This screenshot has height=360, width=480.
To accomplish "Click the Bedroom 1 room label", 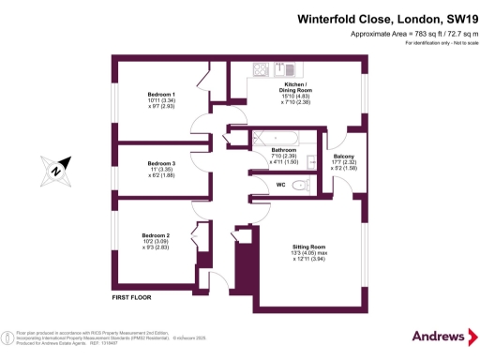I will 161,95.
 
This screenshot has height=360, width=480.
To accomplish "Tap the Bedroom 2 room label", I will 156,234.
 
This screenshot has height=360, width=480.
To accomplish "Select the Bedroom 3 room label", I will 161,164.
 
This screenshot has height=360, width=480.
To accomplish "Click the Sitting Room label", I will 306,246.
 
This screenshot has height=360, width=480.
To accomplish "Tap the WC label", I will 280,186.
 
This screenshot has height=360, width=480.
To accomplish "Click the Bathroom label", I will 284,150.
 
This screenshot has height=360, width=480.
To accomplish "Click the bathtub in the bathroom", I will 275,139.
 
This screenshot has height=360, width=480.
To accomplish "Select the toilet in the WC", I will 300,187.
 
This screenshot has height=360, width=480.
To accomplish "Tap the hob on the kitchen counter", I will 260,68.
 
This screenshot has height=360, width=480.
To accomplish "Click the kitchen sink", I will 289,68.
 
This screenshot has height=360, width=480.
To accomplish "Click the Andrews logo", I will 439,336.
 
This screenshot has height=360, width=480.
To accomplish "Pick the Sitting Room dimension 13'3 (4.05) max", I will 306,253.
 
